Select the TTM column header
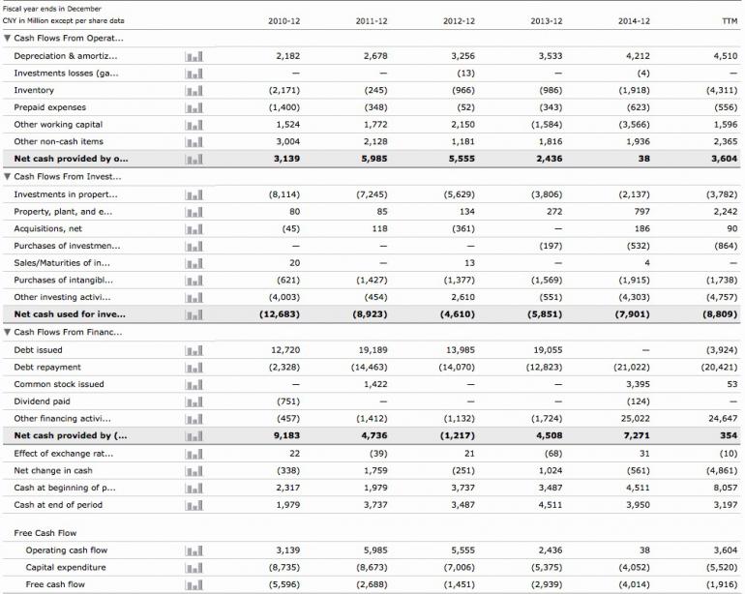pyautogui.click(x=729, y=20)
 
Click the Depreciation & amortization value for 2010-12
pyautogui.click(x=287, y=56)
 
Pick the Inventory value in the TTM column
pyautogui.click(x=721, y=90)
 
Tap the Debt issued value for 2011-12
pyautogui.click(x=372, y=350)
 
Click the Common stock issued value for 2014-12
pyautogui.click(x=638, y=384)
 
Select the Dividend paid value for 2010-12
pyautogui.click(x=287, y=401)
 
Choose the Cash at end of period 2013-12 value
pyautogui.click(x=550, y=505)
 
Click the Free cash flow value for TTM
pyautogui.click(x=721, y=584)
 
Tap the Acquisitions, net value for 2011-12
pyautogui.click(x=376, y=229)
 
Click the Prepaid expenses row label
pyautogui.click(x=49, y=107)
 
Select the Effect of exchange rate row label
pyautogui.click(x=63, y=454)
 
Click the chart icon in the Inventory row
pyautogui.click(x=194, y=91)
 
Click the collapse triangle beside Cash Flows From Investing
pyautogui.click(x=8, y=177)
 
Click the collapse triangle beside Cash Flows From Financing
pyautogui.click(x=8, y=333)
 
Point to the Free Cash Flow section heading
pyautogui.click(x=45, y=533)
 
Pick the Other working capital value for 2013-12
pyautogui.click(x=547, y=125)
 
